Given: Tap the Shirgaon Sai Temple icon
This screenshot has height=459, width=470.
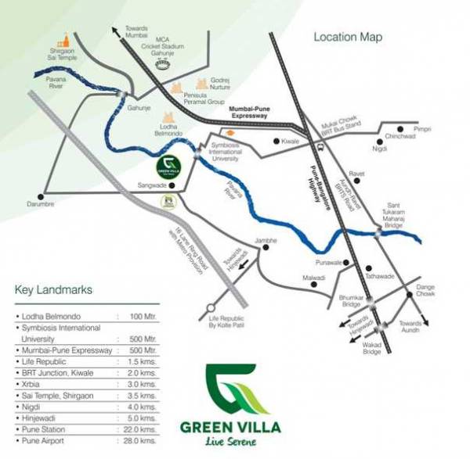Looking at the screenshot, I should click(65, 40).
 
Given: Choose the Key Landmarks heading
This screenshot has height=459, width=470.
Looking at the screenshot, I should click(53, 291).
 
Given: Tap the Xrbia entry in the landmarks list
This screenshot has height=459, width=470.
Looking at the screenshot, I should click(31, 385).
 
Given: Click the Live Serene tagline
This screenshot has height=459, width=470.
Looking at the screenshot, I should click(233, 442).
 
